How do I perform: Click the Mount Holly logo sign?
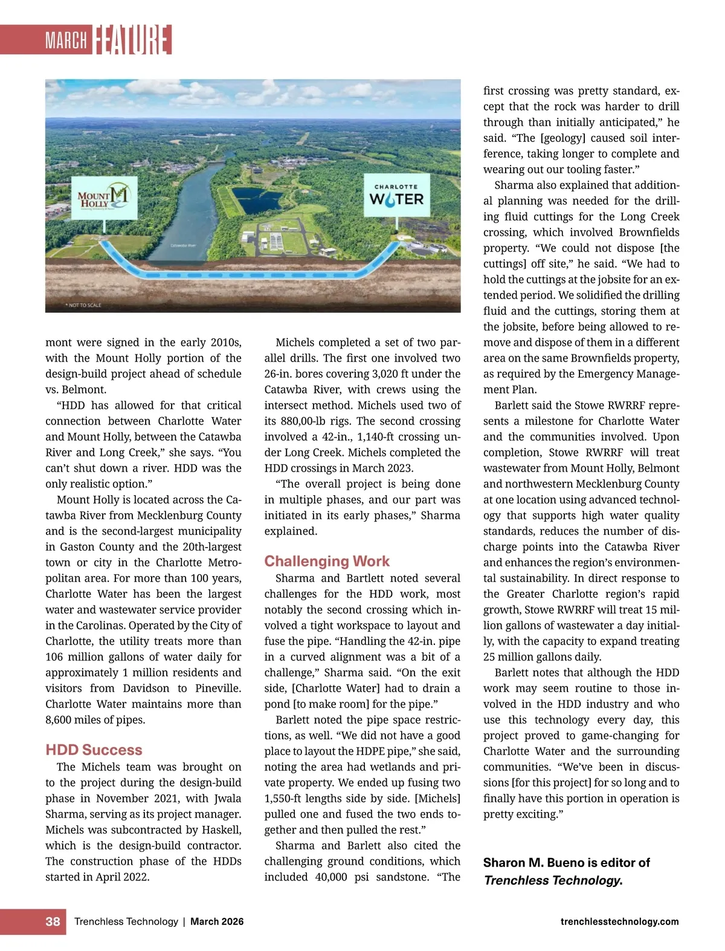tap(104, 197)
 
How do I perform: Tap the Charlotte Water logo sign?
tap(396, 196)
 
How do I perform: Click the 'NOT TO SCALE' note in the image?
tap(83, 306)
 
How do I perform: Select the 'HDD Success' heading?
tap(94, 750)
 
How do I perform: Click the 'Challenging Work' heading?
tap(327, 562)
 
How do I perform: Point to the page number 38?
tap(53, 921)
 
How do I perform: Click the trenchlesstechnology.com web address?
tap(619, 921)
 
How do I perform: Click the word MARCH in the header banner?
tap(66, 40)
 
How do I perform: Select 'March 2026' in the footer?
tap(217, 921)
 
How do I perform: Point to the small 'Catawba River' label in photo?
tap(183, 246)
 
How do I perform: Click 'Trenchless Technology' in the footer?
tap(126, 921)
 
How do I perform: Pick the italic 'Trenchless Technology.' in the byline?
tap(553, 880)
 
